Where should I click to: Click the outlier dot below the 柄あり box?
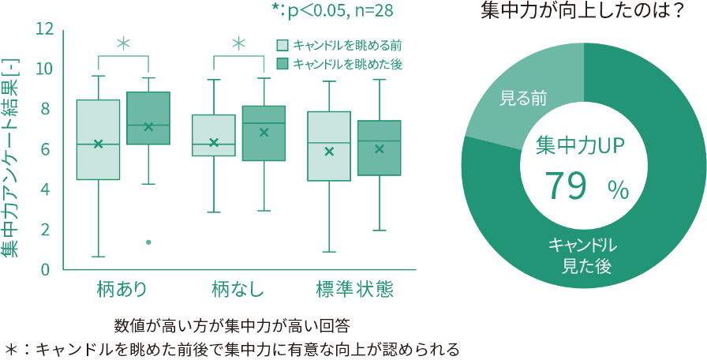tap(148, 242)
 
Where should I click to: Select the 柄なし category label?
tap(238, 290)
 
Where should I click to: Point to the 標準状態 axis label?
tap(354, 290)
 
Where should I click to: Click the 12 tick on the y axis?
tap(44, 29)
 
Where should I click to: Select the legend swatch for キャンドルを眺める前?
tap(282, 46)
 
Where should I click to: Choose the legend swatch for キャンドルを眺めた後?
tap(282, 64)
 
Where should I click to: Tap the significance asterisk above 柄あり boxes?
tap(123, 43)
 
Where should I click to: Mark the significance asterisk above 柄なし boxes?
tap(239, 43)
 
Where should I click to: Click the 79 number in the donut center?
tap(567, 187)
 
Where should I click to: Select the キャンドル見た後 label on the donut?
tap(585, 255)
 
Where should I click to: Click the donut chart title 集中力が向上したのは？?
tap(582, 12)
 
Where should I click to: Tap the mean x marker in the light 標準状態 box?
tap(330, 151)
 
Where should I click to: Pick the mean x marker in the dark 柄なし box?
tap(264, 133)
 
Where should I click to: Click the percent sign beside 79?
tap(618, 189)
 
